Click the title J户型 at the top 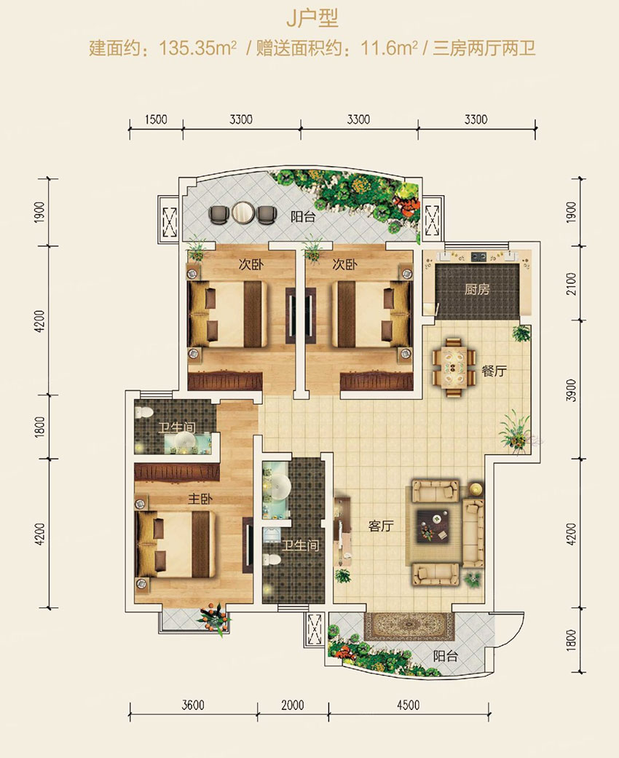pos(312,18)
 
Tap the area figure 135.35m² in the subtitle pos(197,48)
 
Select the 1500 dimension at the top pos(156,119)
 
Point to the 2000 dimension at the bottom pos(293,706)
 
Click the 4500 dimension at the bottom pos(408,706)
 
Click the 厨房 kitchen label pos(477,290)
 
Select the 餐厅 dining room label pos(494,371)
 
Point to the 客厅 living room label pos(381,526)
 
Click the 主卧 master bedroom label pos(200,498)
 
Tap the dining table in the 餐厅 pos(454,368)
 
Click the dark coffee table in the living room pos(432,525)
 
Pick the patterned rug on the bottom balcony pos(409,626)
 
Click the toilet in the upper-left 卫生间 pos(143,414)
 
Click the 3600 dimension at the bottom pos(193,706)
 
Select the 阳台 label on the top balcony pos(303,216)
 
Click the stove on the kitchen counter pos(478,256)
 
